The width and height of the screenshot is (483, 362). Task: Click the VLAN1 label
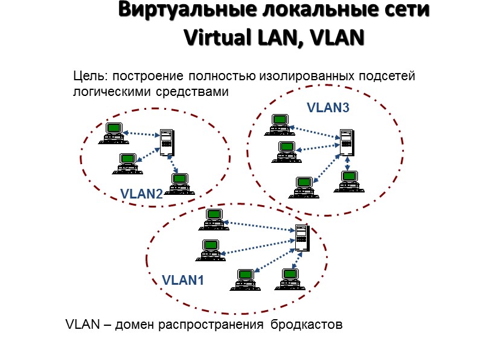[184, 281]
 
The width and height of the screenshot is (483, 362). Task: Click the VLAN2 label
[141, 194]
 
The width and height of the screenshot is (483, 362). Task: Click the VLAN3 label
[328, 108]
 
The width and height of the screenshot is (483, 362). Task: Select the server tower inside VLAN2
[167, 142]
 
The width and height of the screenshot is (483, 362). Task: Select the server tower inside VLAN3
[346, 142]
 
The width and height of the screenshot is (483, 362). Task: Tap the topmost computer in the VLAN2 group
[113, 130]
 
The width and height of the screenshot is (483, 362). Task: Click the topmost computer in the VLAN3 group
[279, 123]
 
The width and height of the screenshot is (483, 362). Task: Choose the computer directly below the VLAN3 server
[348, 180]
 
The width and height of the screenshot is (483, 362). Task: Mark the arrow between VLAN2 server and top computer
[141, 133]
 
